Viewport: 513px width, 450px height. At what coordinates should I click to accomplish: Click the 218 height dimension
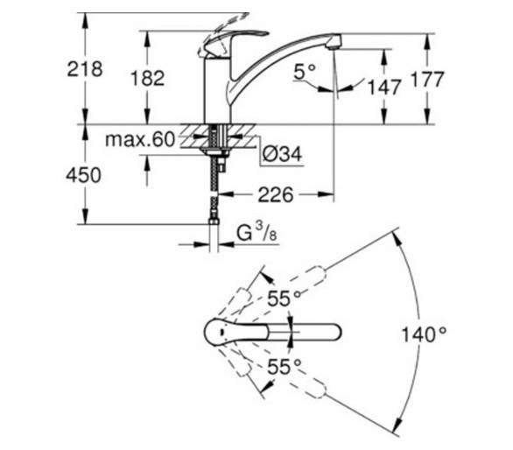click(x=85, y=69)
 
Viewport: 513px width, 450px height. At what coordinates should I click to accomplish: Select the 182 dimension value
click(x=147, y=79)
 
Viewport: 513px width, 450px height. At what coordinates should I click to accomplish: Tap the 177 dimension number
click(x=426, y=79)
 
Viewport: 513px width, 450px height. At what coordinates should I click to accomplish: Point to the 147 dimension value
click(x=384, y=87)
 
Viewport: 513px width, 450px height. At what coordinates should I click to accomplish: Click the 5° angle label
click(x=305, y=72)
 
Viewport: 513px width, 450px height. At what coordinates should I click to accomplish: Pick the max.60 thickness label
click(x=140, y=139)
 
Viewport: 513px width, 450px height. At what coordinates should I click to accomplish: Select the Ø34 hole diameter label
click(x=283, y=153)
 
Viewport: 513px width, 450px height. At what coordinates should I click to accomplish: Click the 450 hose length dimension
click(x=84, y=175)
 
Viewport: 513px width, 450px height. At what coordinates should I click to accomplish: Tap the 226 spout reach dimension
click(x=276, y=195)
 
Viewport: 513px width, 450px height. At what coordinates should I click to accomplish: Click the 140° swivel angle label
click(x=424, y=334)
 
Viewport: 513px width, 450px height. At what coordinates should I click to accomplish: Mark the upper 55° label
click(x=284, y=299)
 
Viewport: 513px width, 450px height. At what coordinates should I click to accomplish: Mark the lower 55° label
click(x=284, y=366)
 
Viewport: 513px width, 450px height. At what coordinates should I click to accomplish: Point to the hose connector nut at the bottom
click(x=214, y=221)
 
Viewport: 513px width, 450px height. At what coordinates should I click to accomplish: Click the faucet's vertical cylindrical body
click(x=217, y=91)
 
